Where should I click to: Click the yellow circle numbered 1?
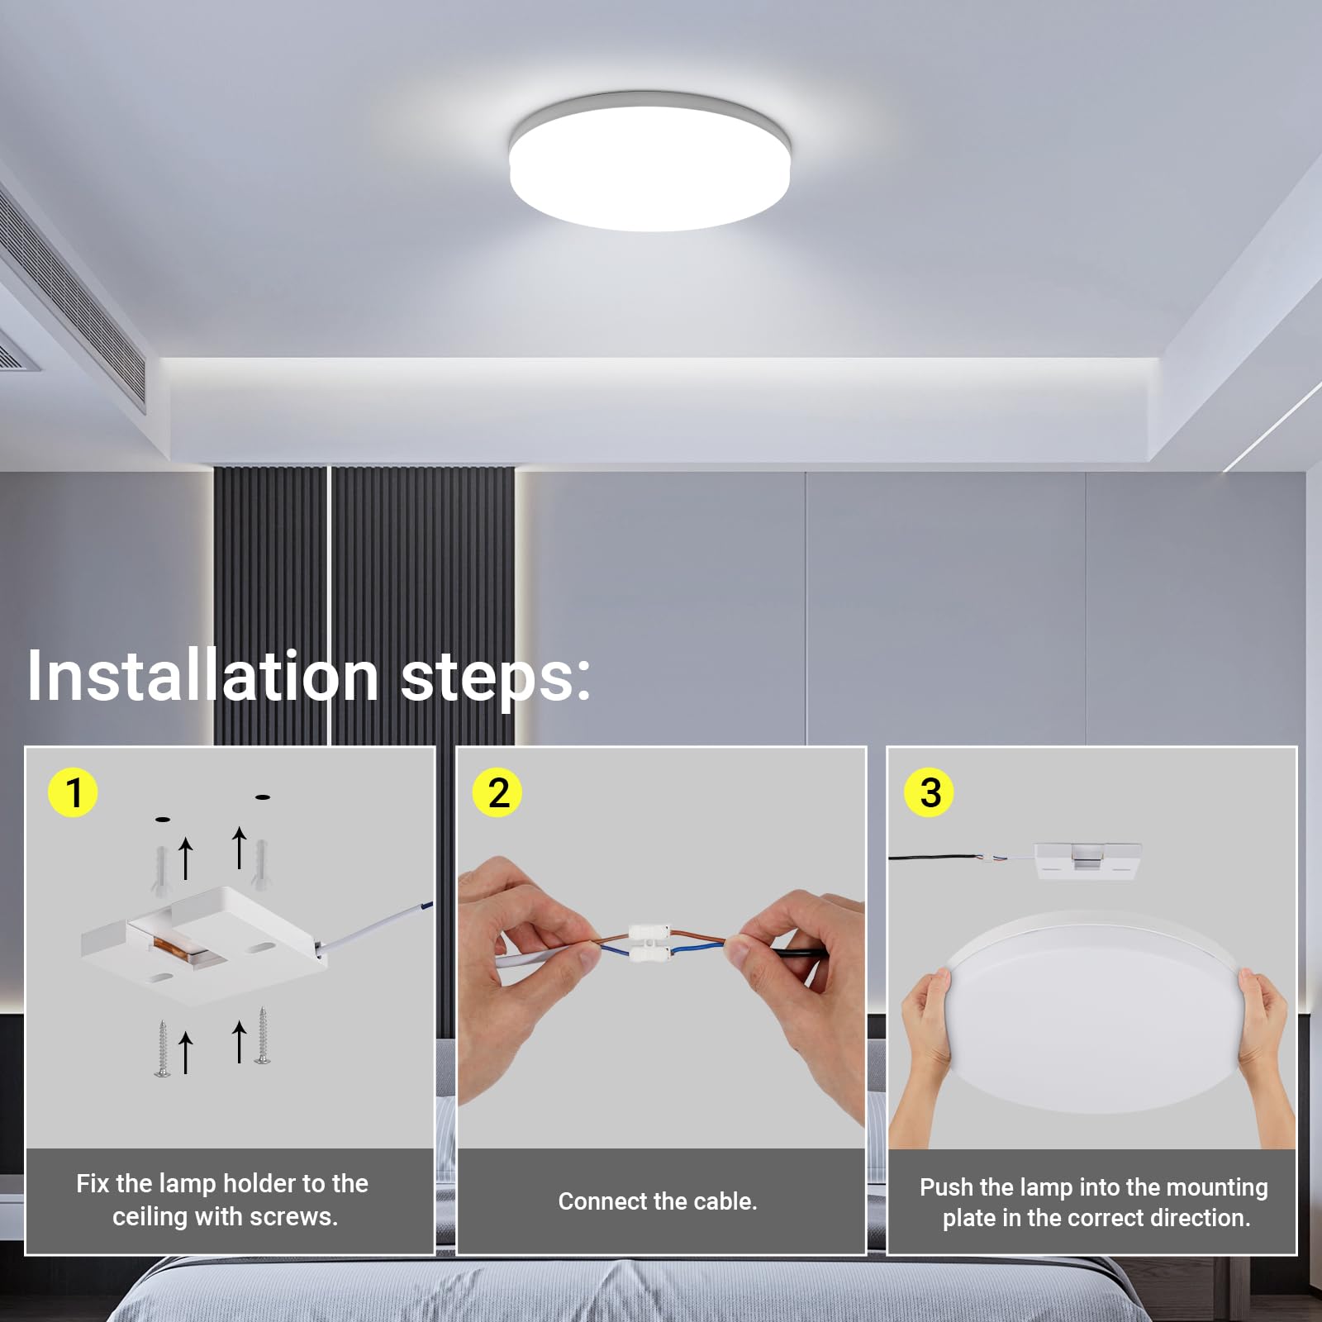pos(74,792)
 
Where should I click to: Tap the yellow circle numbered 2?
pos(497,792)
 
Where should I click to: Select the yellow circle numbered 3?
pos(930,792)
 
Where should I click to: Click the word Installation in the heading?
pos(202,676)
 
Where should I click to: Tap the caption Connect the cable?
pos(658,1201)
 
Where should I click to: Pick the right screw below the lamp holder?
pos(263,1034)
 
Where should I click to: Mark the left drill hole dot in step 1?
pos(163,820)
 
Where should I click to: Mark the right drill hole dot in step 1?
pos(263,797)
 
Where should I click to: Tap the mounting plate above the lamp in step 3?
pos(1087,860)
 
